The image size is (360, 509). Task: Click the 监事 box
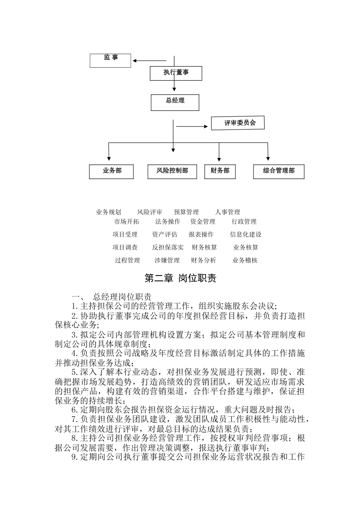[x=110, y=60]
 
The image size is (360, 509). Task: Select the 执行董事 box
[x=176, y=73]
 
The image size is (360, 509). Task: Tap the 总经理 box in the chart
[x=175, y=102]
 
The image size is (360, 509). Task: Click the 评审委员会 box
[x=238, y=123]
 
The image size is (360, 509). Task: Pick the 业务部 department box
[x=112, y=171]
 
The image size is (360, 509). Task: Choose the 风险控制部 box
[x=172, y=171]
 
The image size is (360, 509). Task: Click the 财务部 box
[x=220, y=171]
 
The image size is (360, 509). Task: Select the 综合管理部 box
[x=279, y=171]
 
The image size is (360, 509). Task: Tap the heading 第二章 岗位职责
[x=180, y=278]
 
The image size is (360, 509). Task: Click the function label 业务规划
[x=108, y=212]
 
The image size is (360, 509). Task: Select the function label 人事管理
[x=227, y=212]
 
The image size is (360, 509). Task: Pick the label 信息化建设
[x=246, y=234]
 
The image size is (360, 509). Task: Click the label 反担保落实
[x=168, y=247]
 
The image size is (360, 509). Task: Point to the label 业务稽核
[x=245, y=260]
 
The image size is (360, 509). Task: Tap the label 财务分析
[x=203, y=260]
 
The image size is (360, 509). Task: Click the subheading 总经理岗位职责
[x=122, y=297]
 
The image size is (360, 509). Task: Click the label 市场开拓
[x=127, y=222]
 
